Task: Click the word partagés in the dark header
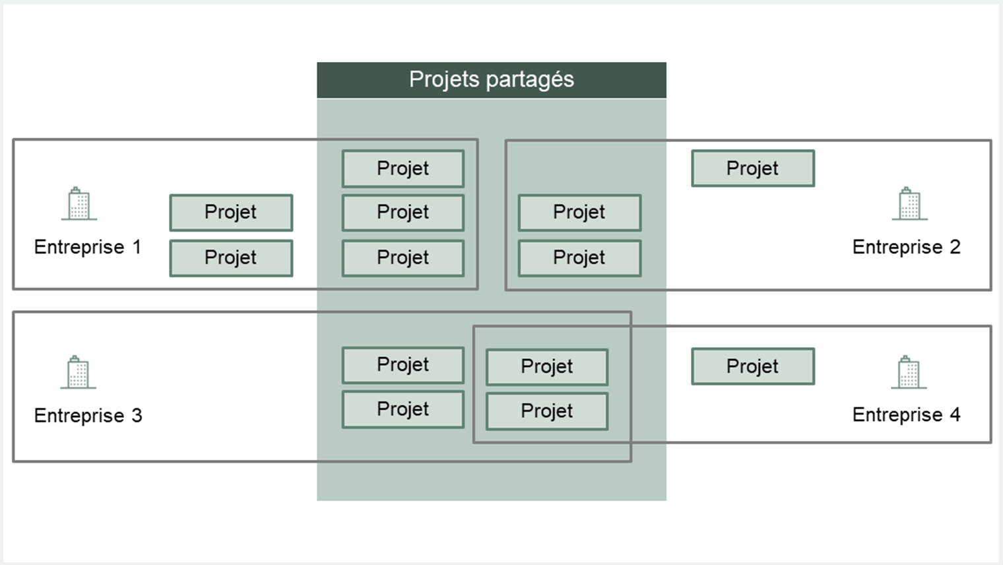[x=530, y=81]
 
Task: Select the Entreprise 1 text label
[x=88, y=247]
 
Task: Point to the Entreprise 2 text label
[x=906, y=247]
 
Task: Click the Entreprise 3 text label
[x=88, y=415]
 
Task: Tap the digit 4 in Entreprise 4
[x=955, y=415]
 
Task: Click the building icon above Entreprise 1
[x=79, y=203]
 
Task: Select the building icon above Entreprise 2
[x=910, y=203]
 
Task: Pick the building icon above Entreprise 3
[x=79, y=372]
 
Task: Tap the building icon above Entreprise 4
[x=909, y=372]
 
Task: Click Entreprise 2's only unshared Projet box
[x=753, y=168]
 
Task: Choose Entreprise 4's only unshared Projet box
[x=753, y=366]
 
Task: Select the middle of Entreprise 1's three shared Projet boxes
[x=403, y=213]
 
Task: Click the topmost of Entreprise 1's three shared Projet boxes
[x=403, y=169]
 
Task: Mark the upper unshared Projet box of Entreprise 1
[x=231, y=213]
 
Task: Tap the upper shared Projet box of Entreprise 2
[x=580, y=213]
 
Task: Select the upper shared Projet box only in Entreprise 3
[x=403, y=365]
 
